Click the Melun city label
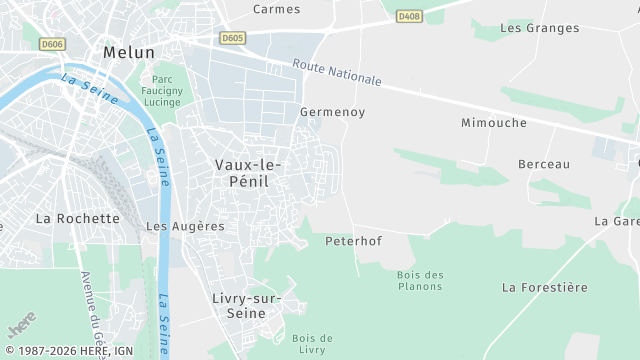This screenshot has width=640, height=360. pos(129,52)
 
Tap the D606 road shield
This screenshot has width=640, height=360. pos(52,43)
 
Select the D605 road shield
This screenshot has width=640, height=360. pos(232,38)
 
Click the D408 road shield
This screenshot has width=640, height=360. pos(407,16)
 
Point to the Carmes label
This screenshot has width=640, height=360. pos(277,9)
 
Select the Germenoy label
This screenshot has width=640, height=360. pos(333,112)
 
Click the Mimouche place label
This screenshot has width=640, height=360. pos(493,123)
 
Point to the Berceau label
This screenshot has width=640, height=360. pos(544,164)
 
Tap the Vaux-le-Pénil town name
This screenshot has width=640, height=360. pos(249,172)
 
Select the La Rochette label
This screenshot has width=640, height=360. pos(77,218)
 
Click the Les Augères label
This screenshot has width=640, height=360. pos(185,226)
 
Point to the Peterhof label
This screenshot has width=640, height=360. pos(354,241)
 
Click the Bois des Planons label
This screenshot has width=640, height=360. pos(419,280)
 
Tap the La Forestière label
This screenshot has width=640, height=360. pos(545,287)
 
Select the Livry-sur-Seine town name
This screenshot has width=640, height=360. pos(247,305)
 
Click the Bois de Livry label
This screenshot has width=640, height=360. pos(312,344)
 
